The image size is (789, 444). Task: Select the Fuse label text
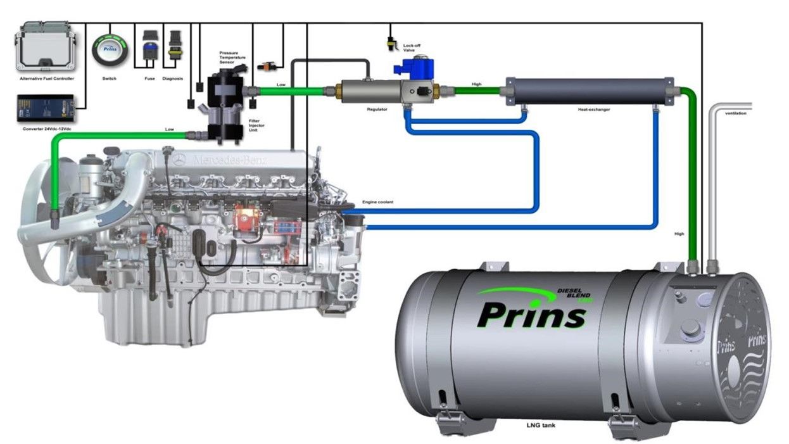click(150, 79)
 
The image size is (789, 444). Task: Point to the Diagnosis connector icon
click(174, 46)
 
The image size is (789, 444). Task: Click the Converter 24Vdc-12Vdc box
click(46, 108)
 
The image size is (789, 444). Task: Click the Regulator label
click(377, 110)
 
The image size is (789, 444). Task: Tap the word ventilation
click(735, 113)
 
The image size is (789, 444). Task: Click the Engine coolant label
click(377, 202)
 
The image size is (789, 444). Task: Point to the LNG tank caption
click(541, 425)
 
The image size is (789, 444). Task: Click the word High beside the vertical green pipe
click(679, 234)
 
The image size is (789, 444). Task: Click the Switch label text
click(110, 79)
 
